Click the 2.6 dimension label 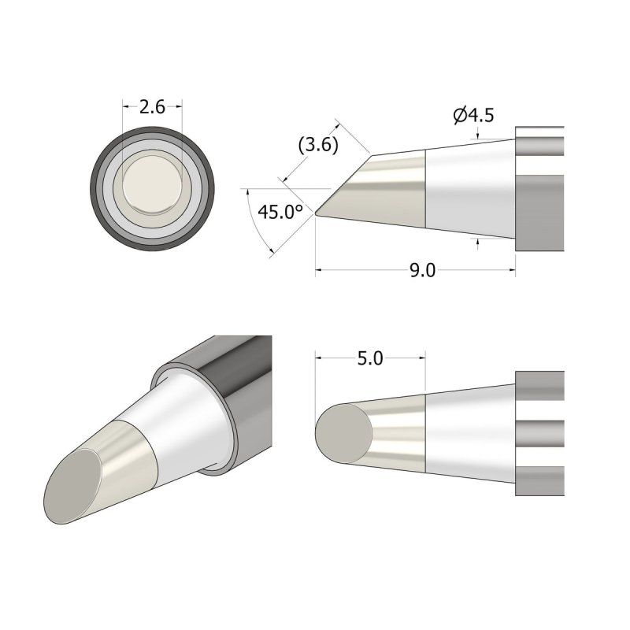coord(152,108)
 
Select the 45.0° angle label coord(281,212)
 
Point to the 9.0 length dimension coord(422,271)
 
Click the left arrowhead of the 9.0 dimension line coord(320,271)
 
